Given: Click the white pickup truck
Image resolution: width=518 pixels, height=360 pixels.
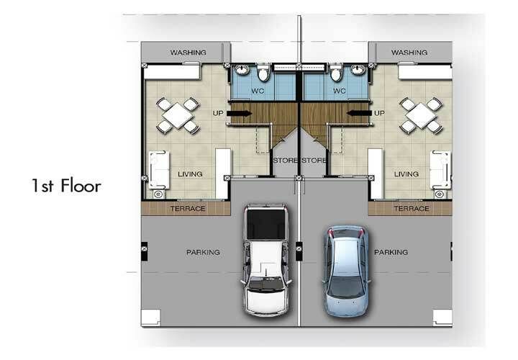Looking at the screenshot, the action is (x=266, y=260).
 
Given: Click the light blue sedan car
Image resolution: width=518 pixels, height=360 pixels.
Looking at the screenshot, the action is (x=346, y=271).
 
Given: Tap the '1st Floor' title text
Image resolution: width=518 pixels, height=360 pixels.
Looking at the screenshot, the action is (x=66, y=186).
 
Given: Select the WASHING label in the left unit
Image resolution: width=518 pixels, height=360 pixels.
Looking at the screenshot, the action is (x=188, y=53).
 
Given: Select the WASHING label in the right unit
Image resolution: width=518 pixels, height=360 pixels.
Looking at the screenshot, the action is (x=409, y=53).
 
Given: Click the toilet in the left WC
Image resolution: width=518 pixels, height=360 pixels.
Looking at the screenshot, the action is (x=263, y=73).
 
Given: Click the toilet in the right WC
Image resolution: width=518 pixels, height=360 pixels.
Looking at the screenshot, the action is (x=336, y=73).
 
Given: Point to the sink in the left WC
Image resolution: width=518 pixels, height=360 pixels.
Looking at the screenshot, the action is (x=242, y=70).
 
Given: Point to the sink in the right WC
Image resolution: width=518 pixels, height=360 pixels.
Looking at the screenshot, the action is (x=358, y=70).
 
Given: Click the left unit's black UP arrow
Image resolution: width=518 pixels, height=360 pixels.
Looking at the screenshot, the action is (x=240, y=113).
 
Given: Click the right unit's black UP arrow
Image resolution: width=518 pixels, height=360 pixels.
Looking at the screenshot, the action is (x=359, y=113).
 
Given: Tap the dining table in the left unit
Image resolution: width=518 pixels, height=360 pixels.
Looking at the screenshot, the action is (x=178, y=115).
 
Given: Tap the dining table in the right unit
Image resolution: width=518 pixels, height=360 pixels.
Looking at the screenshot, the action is (x=421, y=115).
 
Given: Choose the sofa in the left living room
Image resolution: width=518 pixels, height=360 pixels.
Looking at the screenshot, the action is (x=159, y=170).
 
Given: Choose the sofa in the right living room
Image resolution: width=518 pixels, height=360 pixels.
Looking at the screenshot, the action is (x=440, y=170).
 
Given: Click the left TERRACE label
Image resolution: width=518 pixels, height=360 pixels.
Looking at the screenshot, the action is (x=188, y=209).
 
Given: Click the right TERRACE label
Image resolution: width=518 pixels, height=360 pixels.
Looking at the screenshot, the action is (x=412, y=209).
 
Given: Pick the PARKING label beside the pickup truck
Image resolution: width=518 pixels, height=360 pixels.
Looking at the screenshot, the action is (x=203, y=252).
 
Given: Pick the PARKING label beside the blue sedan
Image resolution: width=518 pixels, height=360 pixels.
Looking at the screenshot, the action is (x=391, y=252).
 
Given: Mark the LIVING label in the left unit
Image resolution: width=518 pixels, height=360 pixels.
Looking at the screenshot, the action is (x=190, y=174).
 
